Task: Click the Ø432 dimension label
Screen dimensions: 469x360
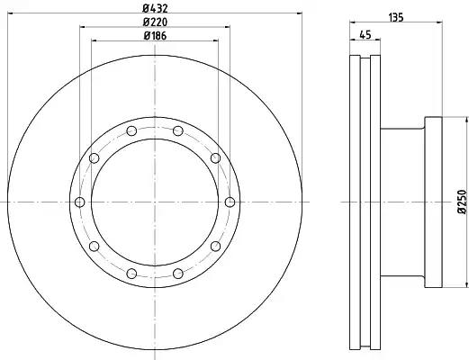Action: pyautogui.click(x=155, y=8)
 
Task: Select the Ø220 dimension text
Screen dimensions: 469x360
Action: pyautogui.click(x=155, y=22)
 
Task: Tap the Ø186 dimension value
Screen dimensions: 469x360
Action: pyautogui.click(x=155, y=36)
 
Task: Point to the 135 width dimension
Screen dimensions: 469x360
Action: pyautogui.click(x=396, y=18)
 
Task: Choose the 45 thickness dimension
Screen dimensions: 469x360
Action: pyautogui.click(x=365, y=35)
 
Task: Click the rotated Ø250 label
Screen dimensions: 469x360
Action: pyautogui.click(x=463, y=202)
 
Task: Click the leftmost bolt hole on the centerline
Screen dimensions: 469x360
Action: pyautogui.click(x=79, y=202)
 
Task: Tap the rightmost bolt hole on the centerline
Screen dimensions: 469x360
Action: pyautogui.click(x=230, y=202)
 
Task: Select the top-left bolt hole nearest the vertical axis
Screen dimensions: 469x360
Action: pyautogui.click(x=131, y=130)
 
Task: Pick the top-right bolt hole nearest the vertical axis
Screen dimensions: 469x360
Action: pyautogui.click(x=178, y=130)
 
